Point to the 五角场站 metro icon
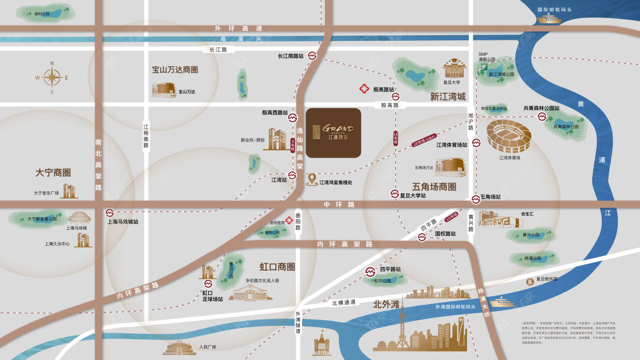(476, 198)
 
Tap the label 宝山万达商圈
(175, 70)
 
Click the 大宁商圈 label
(53, 172)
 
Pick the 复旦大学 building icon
(454, 68)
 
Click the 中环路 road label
(339, 204)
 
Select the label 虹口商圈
(277, 266)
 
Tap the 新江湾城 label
(448, 97)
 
